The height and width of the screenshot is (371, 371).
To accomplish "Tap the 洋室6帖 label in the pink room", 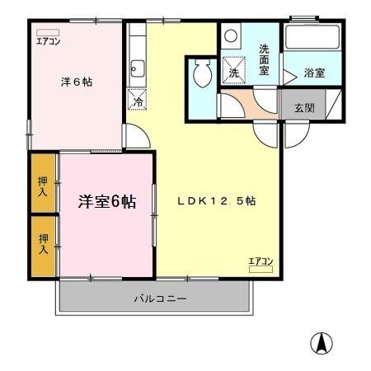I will [107, 202].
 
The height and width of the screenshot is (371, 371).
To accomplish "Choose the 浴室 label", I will [313, 73].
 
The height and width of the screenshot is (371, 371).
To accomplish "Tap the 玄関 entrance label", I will [303, 107].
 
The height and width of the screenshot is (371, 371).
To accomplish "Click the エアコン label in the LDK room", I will [261, 261].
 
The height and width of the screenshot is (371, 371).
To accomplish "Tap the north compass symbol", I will [322, 342].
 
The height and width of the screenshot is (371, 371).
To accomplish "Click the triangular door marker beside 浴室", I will [289, 75].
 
